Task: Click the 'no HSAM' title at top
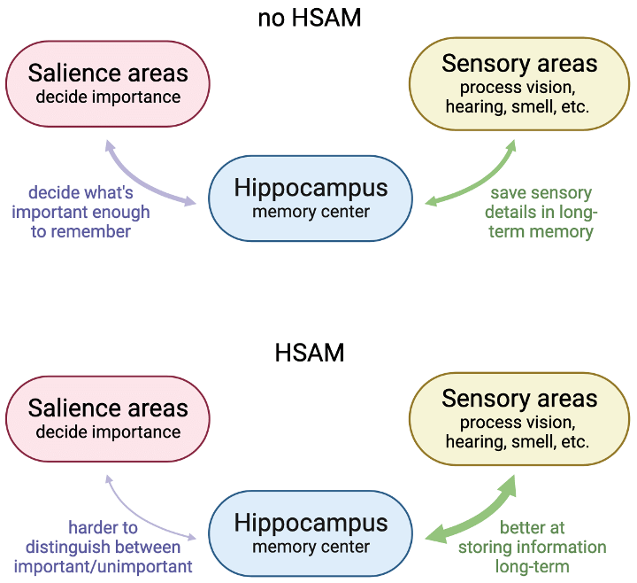click(310, 18)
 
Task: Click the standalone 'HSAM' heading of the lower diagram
click(310, 354)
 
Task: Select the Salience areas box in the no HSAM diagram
click(108, 82)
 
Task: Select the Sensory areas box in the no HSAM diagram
click(519, 82)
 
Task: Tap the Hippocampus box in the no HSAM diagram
click(311, 198)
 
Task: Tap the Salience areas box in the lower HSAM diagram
click(108, 418)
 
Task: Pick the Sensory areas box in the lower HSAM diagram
click(519, 418)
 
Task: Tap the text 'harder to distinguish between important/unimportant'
click(104, 548)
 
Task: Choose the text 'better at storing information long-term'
click(532, 548)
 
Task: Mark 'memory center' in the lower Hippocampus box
click(311, 546)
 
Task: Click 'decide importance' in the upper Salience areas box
click(108, 97)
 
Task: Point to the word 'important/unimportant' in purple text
click(104, 567)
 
